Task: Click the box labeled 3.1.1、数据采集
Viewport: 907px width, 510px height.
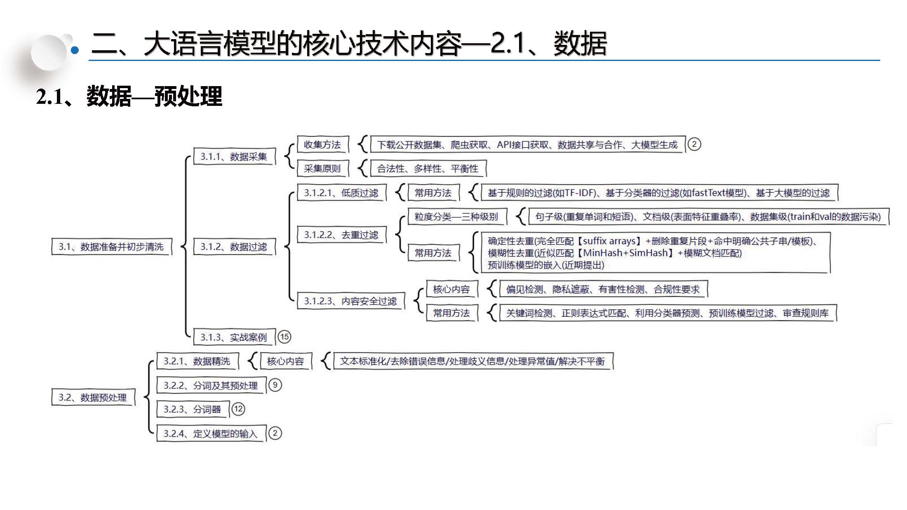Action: [234, 157]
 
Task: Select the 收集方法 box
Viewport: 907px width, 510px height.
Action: [322, 145]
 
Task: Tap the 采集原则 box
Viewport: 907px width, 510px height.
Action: [322, 168]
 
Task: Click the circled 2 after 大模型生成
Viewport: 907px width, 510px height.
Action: [694, 144]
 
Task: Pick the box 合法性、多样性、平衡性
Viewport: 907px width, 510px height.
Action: [428, 168]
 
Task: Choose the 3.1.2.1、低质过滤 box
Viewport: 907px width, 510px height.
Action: [341, 193]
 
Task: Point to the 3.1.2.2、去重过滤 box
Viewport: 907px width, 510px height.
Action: [341, 235]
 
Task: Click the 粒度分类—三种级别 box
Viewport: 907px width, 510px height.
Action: [456, 217]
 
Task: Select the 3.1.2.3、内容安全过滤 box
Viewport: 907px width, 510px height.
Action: [350, 301]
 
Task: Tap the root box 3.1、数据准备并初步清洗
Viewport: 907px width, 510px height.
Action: [111, 247]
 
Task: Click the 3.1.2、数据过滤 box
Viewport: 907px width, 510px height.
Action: [234, 247]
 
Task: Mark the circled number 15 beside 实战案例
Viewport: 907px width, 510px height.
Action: [284, 337]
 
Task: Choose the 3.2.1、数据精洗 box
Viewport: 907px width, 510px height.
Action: [197, 361]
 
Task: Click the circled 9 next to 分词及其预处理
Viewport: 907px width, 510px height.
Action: [275, 385]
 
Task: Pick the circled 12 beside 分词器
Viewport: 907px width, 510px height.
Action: [238, 409]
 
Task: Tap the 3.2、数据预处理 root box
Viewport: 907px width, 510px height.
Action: [93, 398]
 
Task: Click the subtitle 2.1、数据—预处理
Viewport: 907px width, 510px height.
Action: [129, 97]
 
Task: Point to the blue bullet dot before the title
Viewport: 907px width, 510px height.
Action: [75, 51]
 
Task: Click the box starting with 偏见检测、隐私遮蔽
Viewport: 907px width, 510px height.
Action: [603, 289]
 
